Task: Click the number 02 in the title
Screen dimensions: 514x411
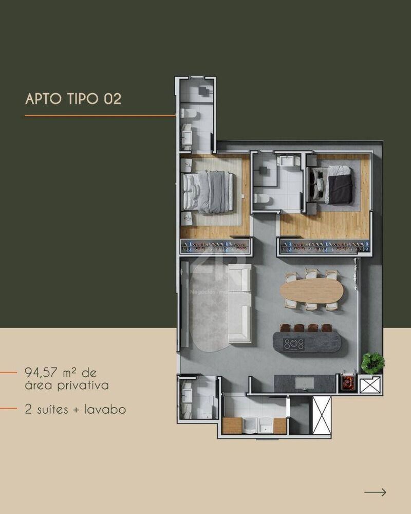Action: click(x=113, y=99)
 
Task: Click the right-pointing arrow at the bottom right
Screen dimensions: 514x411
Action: click(x=375, y=492)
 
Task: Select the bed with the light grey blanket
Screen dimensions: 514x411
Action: click(x=209, y=191)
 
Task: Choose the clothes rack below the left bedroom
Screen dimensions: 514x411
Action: click(x=215, y=246)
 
